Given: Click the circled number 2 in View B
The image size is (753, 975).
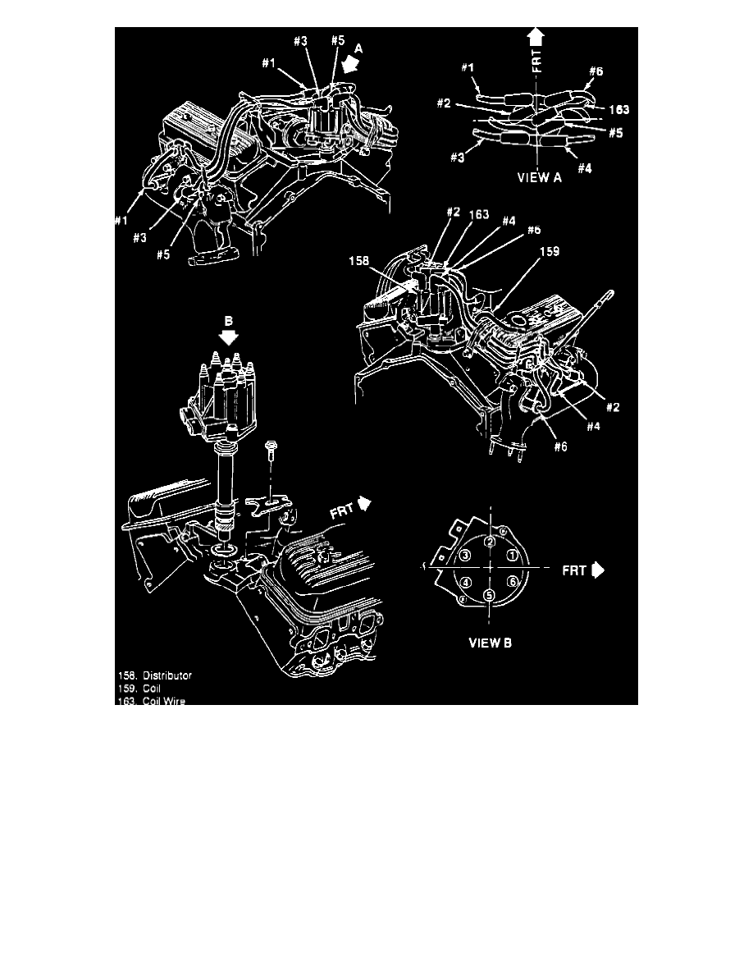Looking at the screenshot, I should [489, 542].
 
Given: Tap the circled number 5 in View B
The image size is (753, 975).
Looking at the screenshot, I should [489, 595].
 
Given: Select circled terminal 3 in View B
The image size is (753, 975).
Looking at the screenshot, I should [464, 556].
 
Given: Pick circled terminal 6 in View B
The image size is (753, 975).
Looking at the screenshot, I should [513, 582].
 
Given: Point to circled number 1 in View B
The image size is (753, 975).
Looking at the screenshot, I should [513, 556].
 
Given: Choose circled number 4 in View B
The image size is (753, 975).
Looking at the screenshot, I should [465, 582].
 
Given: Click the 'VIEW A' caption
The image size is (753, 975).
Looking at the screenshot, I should [537, 175].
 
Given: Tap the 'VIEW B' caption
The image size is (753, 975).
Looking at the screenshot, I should [490, 643].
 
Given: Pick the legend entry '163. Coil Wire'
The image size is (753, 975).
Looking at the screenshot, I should [151, 701].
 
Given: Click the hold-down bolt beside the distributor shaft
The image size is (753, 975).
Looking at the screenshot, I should [271, 459].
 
